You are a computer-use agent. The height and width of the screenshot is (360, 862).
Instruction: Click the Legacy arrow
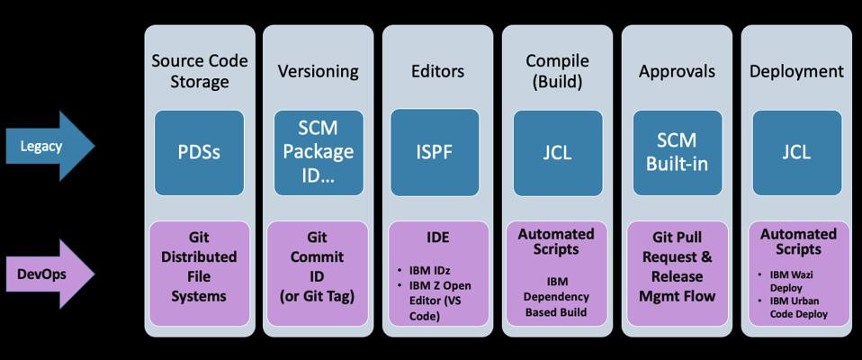tap(49, 146)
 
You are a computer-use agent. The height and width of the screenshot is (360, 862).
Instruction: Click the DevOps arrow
tap(49, 274)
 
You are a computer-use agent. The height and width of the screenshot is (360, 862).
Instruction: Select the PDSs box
tap(199, 153)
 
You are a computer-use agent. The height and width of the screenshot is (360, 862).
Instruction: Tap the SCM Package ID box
tap(319, 153)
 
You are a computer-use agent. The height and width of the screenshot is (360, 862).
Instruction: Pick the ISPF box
tap(435, 152)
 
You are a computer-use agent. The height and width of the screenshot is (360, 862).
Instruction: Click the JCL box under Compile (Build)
tap(558, 153)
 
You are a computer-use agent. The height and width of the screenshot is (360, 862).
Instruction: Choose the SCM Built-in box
tap(678, 153)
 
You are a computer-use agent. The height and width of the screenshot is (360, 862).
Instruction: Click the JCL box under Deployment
tap(796, 153)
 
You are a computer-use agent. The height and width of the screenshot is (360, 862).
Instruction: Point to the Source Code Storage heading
tap(200, 71)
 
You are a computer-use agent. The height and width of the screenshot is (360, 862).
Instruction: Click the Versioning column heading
tap(318, 71)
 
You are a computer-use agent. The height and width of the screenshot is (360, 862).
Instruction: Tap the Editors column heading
tap(437, 71)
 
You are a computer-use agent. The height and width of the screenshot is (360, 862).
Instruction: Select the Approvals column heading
tap(677, 71)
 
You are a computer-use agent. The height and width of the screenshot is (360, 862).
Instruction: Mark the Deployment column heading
tap(796, 71)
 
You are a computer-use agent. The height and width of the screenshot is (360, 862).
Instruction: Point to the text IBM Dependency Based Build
tap(556, 297)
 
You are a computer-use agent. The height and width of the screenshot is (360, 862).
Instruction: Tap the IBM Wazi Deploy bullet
tap(791, 281)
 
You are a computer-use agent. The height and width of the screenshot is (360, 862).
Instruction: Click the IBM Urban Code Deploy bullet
tap(793, 307)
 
